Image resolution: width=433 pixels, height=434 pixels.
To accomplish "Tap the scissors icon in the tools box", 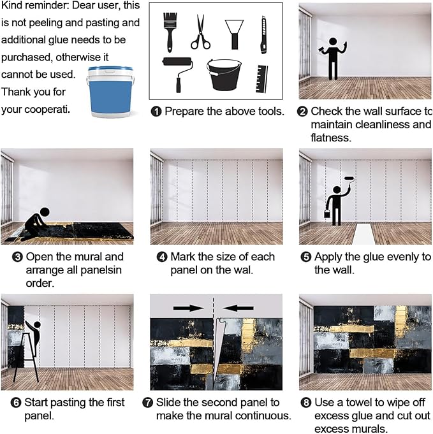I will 200,32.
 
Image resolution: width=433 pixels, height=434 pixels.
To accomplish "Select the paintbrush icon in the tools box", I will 170,31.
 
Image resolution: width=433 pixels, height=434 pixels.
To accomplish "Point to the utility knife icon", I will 263,34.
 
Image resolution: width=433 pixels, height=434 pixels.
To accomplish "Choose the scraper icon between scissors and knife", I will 235,33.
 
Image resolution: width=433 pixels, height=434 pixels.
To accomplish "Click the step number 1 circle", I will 156,112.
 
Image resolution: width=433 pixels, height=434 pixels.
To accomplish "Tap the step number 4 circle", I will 162,257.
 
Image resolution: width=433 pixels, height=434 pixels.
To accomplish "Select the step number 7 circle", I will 156,402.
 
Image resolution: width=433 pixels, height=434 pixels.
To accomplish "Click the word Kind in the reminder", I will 13,6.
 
